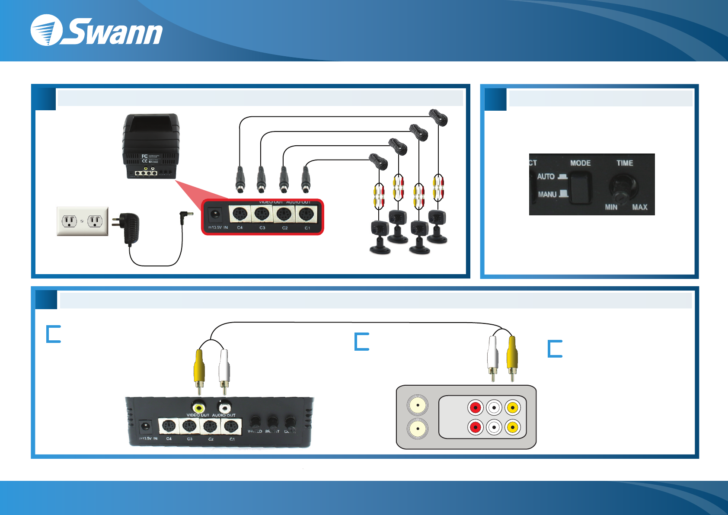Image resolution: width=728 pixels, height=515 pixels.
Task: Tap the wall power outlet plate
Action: tap(83, 221)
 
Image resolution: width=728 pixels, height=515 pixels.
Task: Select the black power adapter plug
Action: tap(128, 228)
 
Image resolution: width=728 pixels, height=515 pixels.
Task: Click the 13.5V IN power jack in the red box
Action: tap(215, 214)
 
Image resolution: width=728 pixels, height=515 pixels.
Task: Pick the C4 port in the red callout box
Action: tap(240, 214)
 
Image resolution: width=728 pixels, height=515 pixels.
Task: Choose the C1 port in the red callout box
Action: tap(307, 214)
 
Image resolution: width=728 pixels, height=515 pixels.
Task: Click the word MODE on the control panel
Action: tap(580, 163)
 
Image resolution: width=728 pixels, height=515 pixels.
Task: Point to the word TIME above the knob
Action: tap(625, 163)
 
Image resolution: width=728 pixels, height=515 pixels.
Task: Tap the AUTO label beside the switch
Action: tap(546, 176)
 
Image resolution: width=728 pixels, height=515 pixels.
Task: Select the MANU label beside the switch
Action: tap(547, 195)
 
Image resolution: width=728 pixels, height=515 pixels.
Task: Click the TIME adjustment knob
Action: tap(623, 187)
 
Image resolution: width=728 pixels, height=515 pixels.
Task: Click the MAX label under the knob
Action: tap(639, 207)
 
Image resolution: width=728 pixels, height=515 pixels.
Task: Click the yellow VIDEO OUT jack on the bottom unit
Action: tap(199, 407)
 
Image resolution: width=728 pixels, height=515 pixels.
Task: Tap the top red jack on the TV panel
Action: tap(475, 407)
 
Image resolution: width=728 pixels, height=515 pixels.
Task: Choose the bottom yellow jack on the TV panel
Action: tap(512, 427)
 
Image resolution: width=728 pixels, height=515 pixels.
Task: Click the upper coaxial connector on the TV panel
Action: tap(418, 406)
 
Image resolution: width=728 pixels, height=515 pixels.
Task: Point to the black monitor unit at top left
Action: tap(150, 146)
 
